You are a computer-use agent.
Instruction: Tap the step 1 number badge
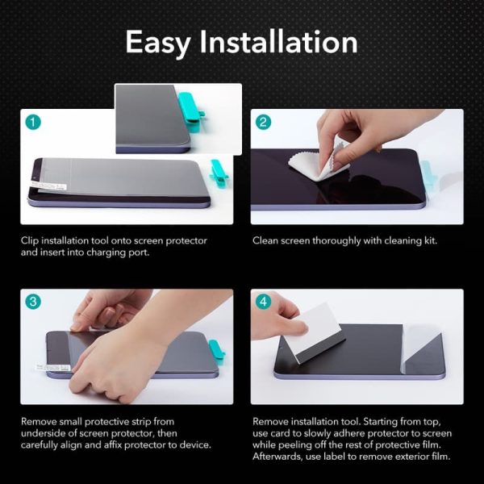[x=32, y=123]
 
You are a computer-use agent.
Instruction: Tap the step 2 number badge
[x=263, y=123]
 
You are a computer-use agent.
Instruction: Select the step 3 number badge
[x=32, y=302]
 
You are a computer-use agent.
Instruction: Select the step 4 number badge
[x=263, y=302]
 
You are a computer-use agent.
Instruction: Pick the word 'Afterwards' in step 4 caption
[x=279, y=457]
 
